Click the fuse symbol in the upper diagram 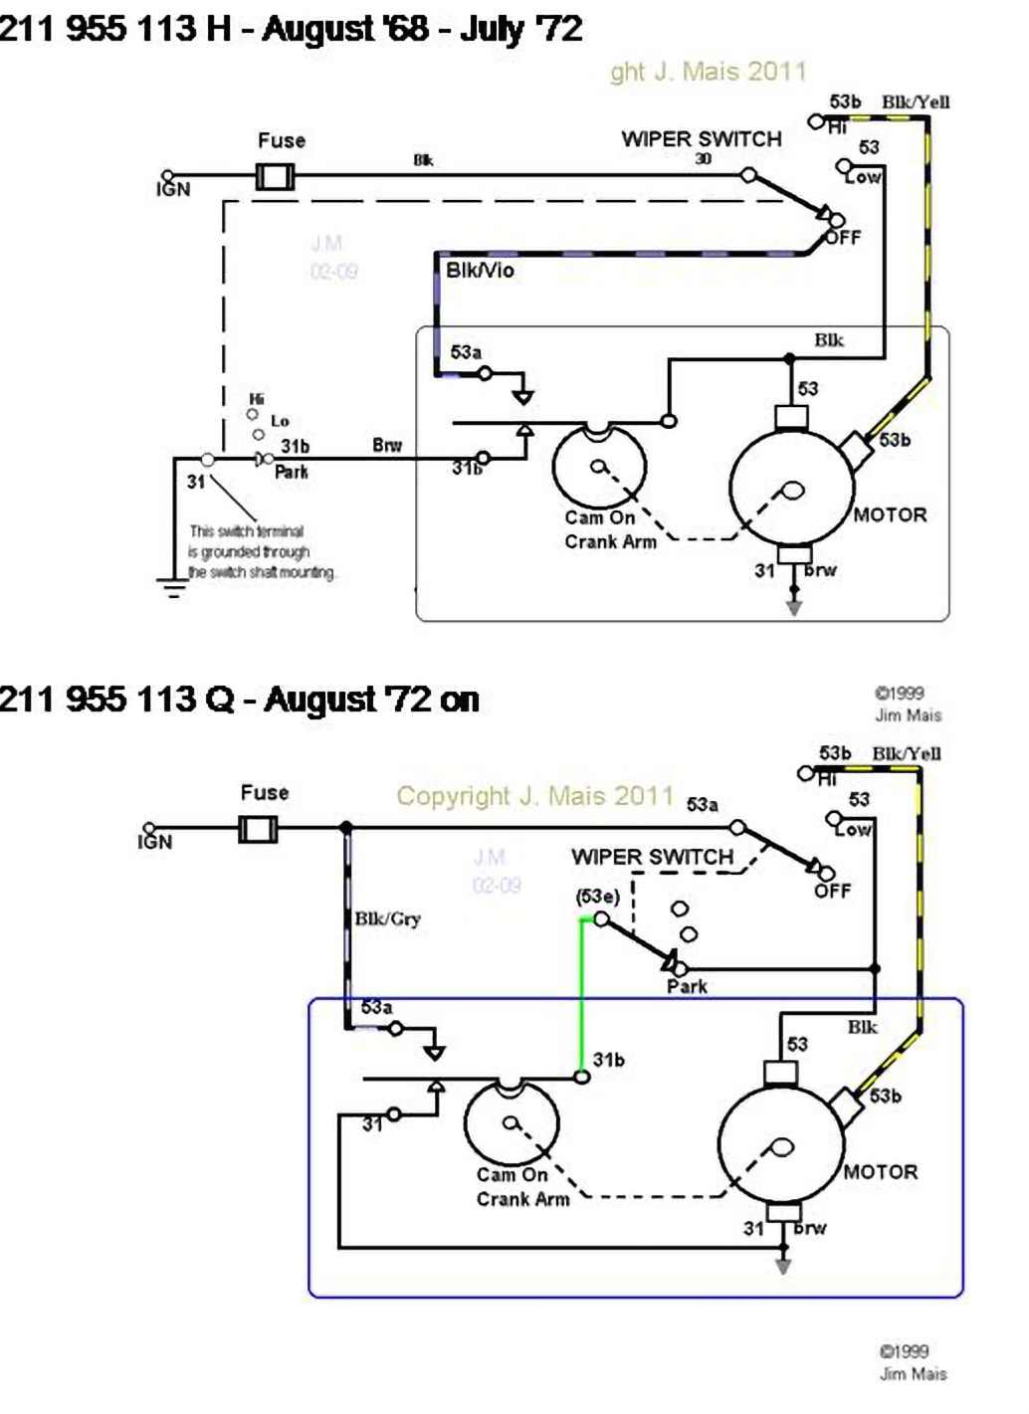(x=275, y=177)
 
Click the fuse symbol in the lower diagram (x=258, y=828)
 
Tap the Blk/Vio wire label (x=480, y=271)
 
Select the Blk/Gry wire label (x=388, y=918)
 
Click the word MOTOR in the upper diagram (x=890, y=514)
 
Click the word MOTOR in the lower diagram (x=880, y=1171)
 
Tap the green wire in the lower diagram (x=582, y=995)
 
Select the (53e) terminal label (x=597, y=896)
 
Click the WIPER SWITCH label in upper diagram (x=702, y=139)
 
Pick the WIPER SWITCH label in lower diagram (x=652, y=857)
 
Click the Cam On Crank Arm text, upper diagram (x=610, y=529)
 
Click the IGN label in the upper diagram (x=173, y=189)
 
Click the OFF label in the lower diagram (x=832, y=891)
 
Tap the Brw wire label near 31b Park (x=387, y=445)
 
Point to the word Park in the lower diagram (x=687, y=986)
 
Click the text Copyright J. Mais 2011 (x=535, y=796)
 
